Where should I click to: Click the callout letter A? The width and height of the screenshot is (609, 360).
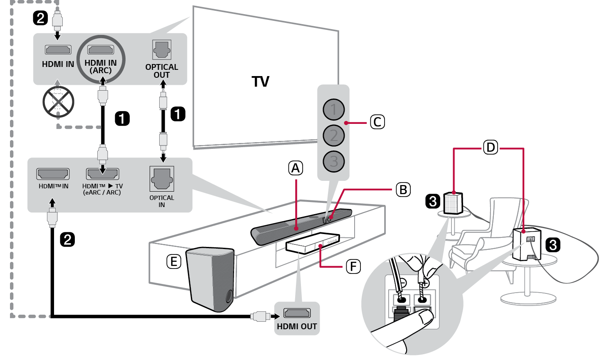(296, 168)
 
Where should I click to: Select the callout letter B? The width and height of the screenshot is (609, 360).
(403, 190)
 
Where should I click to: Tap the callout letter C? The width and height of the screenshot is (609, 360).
(377, 122)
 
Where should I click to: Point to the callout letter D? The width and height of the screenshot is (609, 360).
(491, 147)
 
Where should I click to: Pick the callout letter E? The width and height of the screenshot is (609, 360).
(174, 261)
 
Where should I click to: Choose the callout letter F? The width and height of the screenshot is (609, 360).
(353, 266)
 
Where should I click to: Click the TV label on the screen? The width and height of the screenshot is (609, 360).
(260, 81)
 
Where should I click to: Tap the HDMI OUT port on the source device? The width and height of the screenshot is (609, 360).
(297, 313)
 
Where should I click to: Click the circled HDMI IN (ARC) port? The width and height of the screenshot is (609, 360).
(101, 50)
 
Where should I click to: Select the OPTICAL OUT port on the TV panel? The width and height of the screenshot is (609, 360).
(162, 50)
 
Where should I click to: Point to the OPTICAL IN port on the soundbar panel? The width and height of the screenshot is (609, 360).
(162, 178)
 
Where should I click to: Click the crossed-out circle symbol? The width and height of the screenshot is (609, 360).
(58, 102)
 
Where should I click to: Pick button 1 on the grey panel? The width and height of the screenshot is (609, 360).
(333, 110)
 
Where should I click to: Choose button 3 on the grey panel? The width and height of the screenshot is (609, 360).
(333, 161)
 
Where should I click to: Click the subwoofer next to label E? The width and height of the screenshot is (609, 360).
(211, 279)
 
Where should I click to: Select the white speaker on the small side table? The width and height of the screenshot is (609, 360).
(453, 203)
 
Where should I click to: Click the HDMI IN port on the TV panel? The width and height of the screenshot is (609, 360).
(58, 50)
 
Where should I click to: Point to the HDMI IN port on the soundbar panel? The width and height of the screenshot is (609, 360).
(53, 174)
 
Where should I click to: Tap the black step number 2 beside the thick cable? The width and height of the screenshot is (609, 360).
(67, 239)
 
